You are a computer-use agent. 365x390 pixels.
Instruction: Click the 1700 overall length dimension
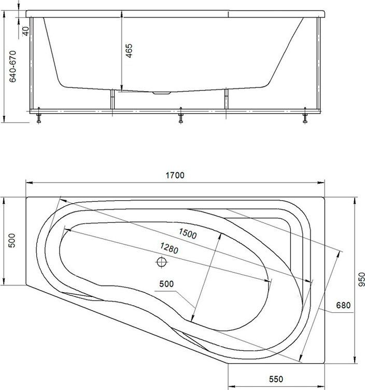pyautogui.click(x=176, y=175)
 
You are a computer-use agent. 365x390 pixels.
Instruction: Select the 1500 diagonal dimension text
pyautogui.click(x=188, y=233)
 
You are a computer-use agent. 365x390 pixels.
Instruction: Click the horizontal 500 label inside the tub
pyautogui.click(x=166, y=283)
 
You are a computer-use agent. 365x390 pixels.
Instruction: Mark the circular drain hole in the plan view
pyautogui.click(x=161, y=262)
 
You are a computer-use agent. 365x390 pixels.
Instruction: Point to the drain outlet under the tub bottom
pyautogui.click(x=163, y=94)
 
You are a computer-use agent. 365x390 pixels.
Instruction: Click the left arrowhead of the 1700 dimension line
pyautogui.click(x=29, y=183)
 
